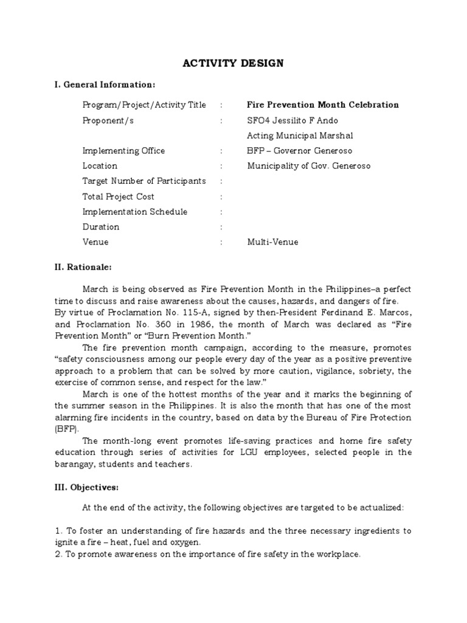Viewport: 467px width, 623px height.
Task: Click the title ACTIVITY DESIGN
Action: click(x=233, y=63)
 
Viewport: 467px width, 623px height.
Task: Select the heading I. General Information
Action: click(x=105, y=84)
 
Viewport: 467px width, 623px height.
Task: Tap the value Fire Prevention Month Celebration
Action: click(x=314, y=105)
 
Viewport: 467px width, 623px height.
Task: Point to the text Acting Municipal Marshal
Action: click(x=300, y=136)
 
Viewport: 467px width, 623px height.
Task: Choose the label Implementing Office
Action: click(x=123, y=151)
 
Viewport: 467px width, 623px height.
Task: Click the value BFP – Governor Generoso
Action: click(x=299, y=151)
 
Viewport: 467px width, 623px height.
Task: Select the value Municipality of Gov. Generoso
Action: click(x=308, y=166)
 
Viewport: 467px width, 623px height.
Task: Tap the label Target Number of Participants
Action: click(x=144, y=181)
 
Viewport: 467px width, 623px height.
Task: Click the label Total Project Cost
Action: click(x=119, y=197)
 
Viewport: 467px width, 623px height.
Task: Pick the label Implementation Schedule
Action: click(x=135, y=212)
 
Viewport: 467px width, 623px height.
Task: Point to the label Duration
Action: click(x=101, y=227)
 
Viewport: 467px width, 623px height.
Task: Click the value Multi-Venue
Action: click(x=272, y=242)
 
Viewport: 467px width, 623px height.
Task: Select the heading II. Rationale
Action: click(x=83, y=267)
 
